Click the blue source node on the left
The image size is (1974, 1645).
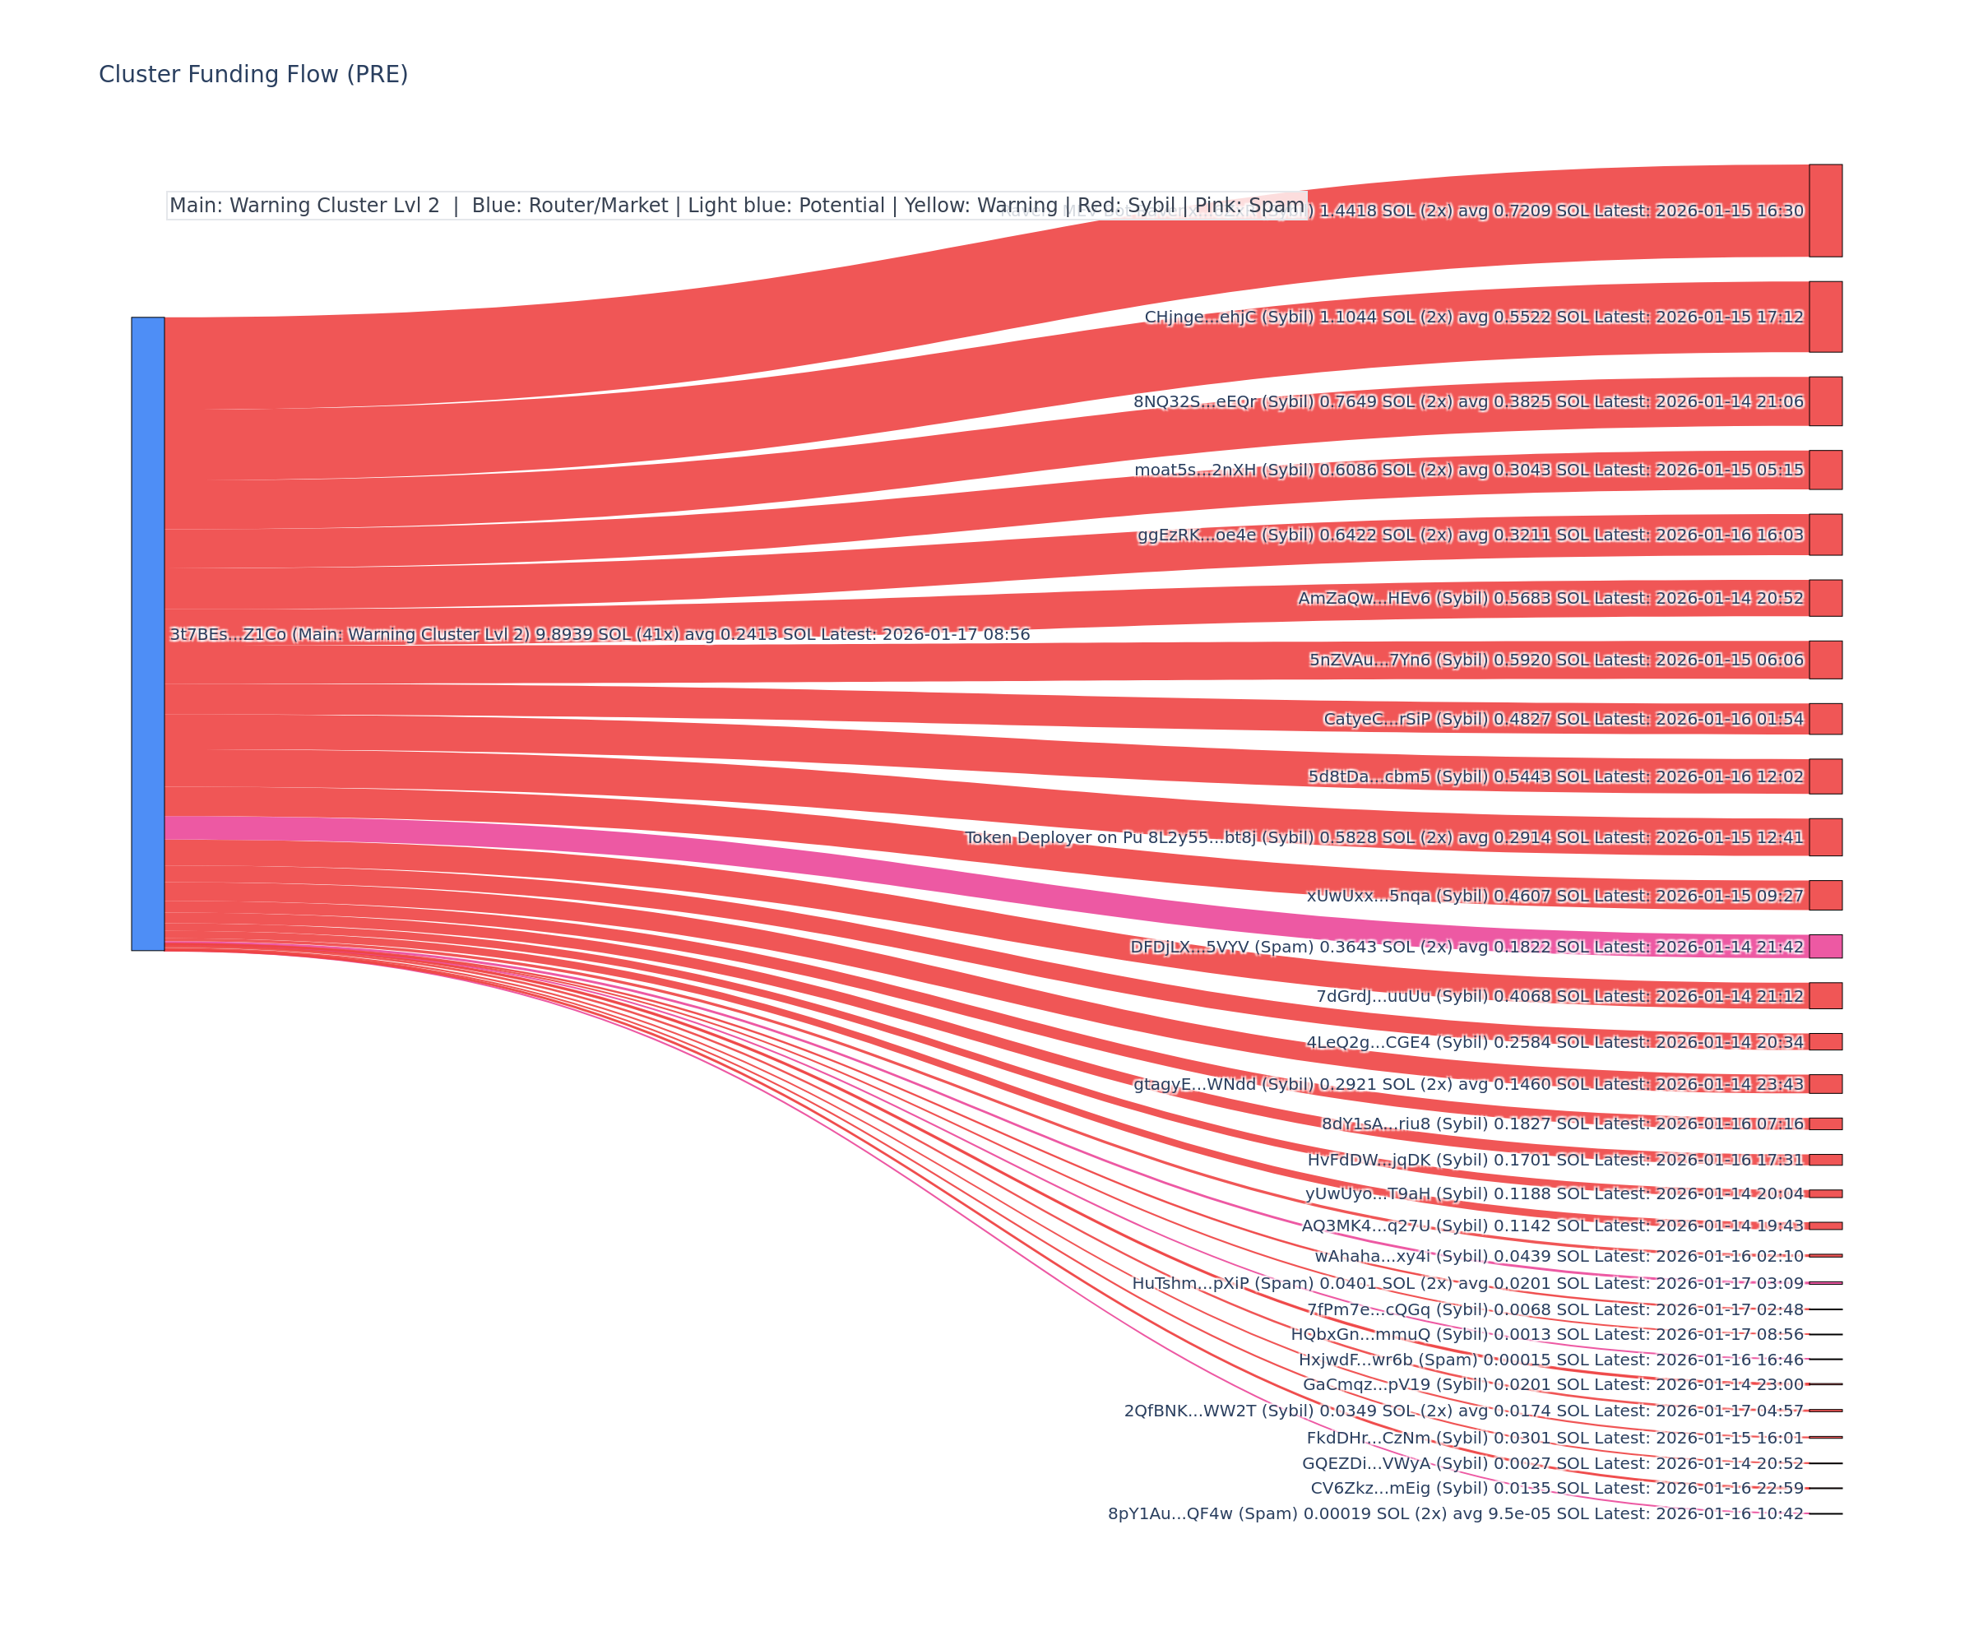click(x=147, y=633)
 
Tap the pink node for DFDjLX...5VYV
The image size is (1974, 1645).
click(x=1824, y=947)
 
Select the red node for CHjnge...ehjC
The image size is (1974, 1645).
click(x=1824, y=317)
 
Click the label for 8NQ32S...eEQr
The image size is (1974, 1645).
click(x=1223, y=402)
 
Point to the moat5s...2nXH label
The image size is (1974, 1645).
click(x=1223, y=470)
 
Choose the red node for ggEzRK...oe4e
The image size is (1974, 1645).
click(x=1824, y=535)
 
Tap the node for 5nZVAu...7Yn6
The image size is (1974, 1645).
click(x=1824, y=660)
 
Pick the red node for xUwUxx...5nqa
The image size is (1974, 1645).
click(x=1824, y=895)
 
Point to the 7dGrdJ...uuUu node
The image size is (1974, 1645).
click(x=1824, y=995)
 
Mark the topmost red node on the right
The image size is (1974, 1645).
click(x=1824, y=211)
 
